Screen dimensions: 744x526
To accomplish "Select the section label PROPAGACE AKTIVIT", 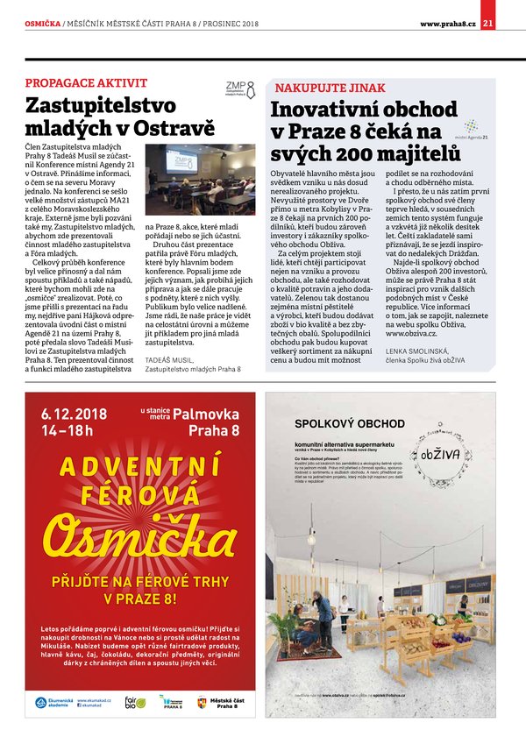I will click(86, 83).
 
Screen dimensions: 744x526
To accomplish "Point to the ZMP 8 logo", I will click(240, 89).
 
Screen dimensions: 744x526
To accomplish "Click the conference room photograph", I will click(211, 180).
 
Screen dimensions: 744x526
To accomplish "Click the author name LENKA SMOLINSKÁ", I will click(416, 351).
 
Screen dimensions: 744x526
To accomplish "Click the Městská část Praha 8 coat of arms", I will click(203, 702).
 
